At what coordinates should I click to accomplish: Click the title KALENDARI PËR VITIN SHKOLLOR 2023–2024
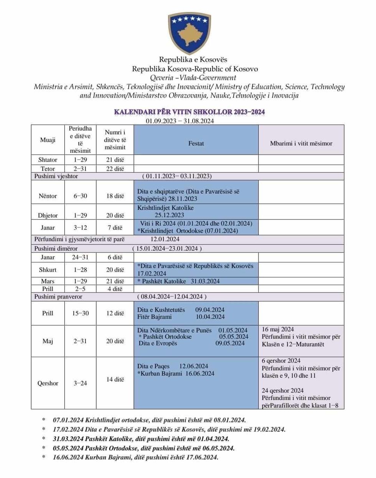pyautogui.click(x=190, y=112)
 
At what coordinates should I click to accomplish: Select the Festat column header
pyautogui.click(x=196, y=143)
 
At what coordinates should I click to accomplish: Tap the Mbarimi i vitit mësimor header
pyautogui.click(x=301, y=143)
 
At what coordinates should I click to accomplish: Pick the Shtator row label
pyautogui.click(x=48, y=160)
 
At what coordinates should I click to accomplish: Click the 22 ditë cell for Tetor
pyautogui.click(x=115, y=169)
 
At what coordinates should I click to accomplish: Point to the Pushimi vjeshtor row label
pyautogui.click(x=56, y=176)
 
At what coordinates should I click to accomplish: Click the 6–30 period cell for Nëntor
pyautogui.click(x=80, y=196)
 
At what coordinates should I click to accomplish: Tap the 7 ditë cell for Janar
pyautogui.click(x=115, y=227)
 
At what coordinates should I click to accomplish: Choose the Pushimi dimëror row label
pyautogui.click(x=56, y=248)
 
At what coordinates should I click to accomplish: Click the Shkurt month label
pyautogui.click(x=48, y=270)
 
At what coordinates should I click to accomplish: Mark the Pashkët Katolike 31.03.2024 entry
pyautogui.click(x=179, y=281)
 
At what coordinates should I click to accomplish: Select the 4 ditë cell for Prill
pyautogui.click(x=115, y=289)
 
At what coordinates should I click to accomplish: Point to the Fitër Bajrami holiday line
pyautogui.click(x=181, y=317)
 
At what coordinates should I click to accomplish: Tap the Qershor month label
pyautogui.click(x=48, y=383)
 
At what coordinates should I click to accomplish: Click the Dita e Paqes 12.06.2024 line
pyautogui.click(x=173, y=366)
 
